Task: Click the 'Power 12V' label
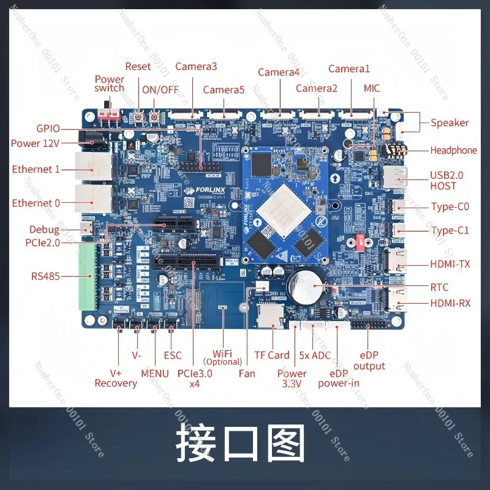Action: [x=36, y=143]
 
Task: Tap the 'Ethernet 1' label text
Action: [x=36, y=169]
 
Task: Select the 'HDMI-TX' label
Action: [x=450, y=265]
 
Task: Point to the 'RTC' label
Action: [x=439, y=287]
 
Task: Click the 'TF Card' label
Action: [x=272, y=355]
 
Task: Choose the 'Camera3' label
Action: [x=196, y=66]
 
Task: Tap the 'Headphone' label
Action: [x=453, y=150]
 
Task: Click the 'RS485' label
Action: [x=45, y=276]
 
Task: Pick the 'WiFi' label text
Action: [x=223, y=353]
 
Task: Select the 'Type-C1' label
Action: [x=450, y=230]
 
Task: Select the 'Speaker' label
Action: [x=450, y=123]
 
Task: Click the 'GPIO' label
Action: [x=48, y=129]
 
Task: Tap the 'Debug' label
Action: [x=45, y=230]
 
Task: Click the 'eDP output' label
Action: [x=369, y=361]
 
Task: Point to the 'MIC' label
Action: [x=371, y=88]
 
